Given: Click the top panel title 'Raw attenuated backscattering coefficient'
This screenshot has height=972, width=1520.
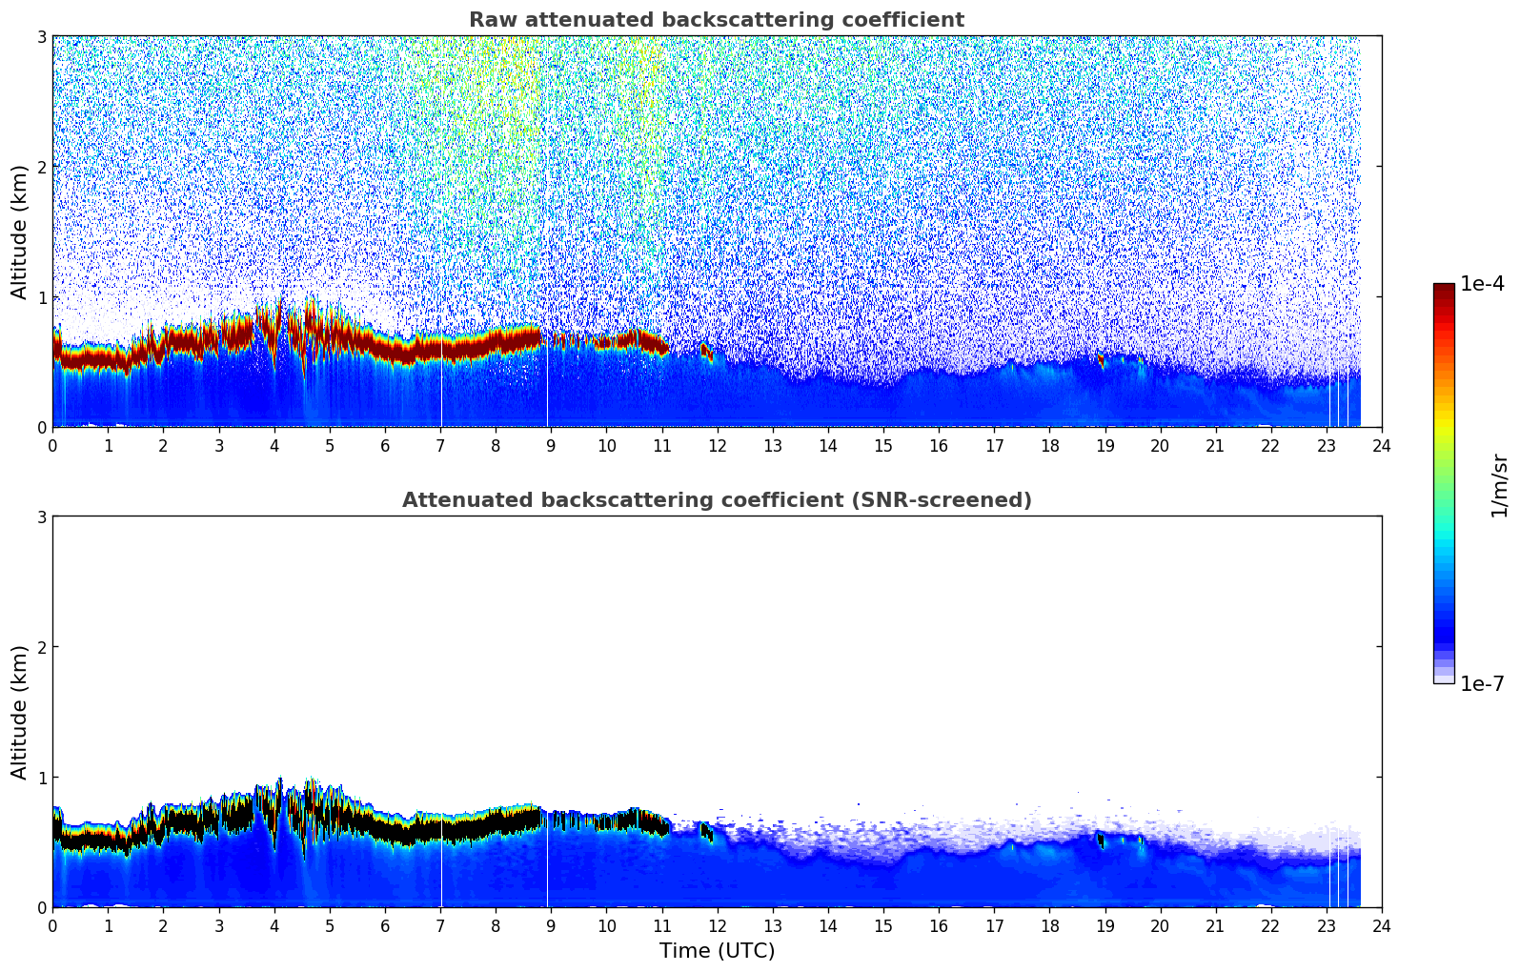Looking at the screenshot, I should pos(716,20).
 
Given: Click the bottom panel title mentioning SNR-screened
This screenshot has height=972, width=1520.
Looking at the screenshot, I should pos(716,500).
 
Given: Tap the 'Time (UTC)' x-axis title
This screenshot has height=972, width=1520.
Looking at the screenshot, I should pos(717,951).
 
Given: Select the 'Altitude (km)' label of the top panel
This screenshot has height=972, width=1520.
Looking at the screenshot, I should pos(20,232).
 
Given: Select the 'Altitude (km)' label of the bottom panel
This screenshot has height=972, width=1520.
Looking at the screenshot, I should pos(20,712).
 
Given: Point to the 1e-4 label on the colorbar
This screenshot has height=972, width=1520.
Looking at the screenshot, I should pos(1482,284).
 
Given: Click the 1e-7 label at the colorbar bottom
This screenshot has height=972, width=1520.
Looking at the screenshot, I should pos(1482,684).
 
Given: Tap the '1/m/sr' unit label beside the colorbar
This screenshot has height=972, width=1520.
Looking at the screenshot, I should pos(1499,486).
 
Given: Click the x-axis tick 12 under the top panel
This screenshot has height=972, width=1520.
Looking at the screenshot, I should pos(717,445).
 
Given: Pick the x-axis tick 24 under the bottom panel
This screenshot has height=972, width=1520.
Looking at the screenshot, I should pos(1381,925).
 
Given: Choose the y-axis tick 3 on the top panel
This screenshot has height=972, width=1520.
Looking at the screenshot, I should pos(41,36).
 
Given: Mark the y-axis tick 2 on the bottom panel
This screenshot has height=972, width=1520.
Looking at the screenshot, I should pos(41,647).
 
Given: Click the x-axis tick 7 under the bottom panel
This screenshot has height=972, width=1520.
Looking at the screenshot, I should pos(440,925).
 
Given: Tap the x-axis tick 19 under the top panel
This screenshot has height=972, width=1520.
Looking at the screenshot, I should pos(1105,445).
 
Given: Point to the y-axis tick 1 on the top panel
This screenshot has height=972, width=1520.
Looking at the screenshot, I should pos(41,297).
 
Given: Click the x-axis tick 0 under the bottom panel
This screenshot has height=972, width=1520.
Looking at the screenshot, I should pos(52,925).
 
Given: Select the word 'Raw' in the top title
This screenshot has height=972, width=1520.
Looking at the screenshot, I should pos(489,20).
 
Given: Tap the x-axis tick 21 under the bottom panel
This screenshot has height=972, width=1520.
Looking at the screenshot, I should pos(1215,925).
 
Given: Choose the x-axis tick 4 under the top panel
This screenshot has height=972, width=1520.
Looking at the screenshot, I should pos(274,445).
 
